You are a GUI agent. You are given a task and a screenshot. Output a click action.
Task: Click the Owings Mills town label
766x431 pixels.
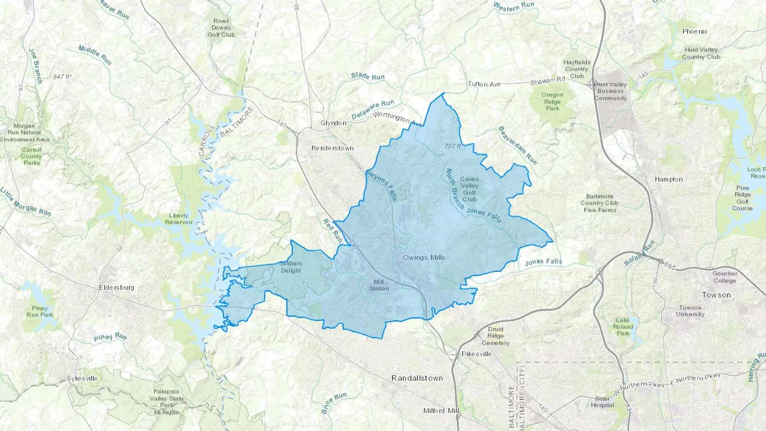pos(424,257)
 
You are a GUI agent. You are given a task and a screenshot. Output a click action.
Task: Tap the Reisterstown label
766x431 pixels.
pos(332,148)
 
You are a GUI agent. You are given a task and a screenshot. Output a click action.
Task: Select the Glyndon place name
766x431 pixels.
pos(333,123)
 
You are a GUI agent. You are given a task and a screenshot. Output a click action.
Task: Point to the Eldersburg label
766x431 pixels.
pos(116,287)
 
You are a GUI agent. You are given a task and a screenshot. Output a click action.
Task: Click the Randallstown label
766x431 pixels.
pos(417,378)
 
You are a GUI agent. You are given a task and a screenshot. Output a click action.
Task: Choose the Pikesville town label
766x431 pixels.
pos(477,354)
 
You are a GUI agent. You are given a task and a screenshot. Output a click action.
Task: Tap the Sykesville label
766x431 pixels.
pos(82,379)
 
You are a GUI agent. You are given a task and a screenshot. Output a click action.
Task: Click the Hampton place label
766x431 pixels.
pos(669,179)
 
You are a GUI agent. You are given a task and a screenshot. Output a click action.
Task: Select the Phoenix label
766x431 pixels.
pos(695,31)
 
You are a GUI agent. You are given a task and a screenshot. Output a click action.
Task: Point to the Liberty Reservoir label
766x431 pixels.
pos(179,219)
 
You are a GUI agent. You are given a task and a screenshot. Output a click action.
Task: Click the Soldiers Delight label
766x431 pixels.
pos(291,267)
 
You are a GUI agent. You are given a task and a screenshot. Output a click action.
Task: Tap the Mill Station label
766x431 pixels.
pos(379,285)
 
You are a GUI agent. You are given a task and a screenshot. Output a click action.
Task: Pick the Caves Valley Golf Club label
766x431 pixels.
pos(469,189)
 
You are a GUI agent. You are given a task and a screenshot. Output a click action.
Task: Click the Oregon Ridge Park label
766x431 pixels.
pos(552,102)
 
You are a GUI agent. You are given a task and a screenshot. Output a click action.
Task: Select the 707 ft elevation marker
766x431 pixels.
pos(452,146)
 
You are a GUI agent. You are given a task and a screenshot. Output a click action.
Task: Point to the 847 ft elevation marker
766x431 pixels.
pos(62,77)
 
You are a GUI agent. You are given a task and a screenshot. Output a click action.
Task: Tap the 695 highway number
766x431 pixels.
pos(669,267)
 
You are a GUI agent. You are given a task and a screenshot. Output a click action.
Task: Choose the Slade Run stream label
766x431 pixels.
pos(368,76)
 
